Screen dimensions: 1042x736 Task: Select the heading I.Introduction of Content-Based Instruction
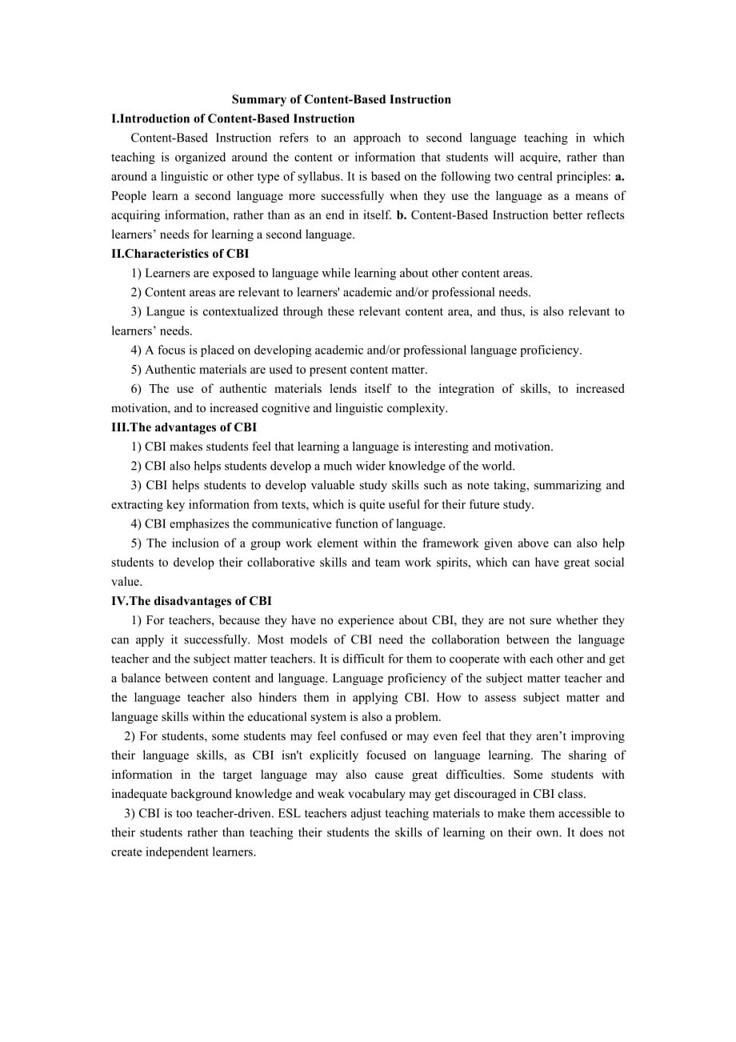coord(233,119)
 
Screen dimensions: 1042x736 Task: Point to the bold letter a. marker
coord(619,177)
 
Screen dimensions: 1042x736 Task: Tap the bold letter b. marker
coord(401,215)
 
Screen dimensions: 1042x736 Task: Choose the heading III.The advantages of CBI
coord(184,427)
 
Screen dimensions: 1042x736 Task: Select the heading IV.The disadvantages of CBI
coord(191,601)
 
